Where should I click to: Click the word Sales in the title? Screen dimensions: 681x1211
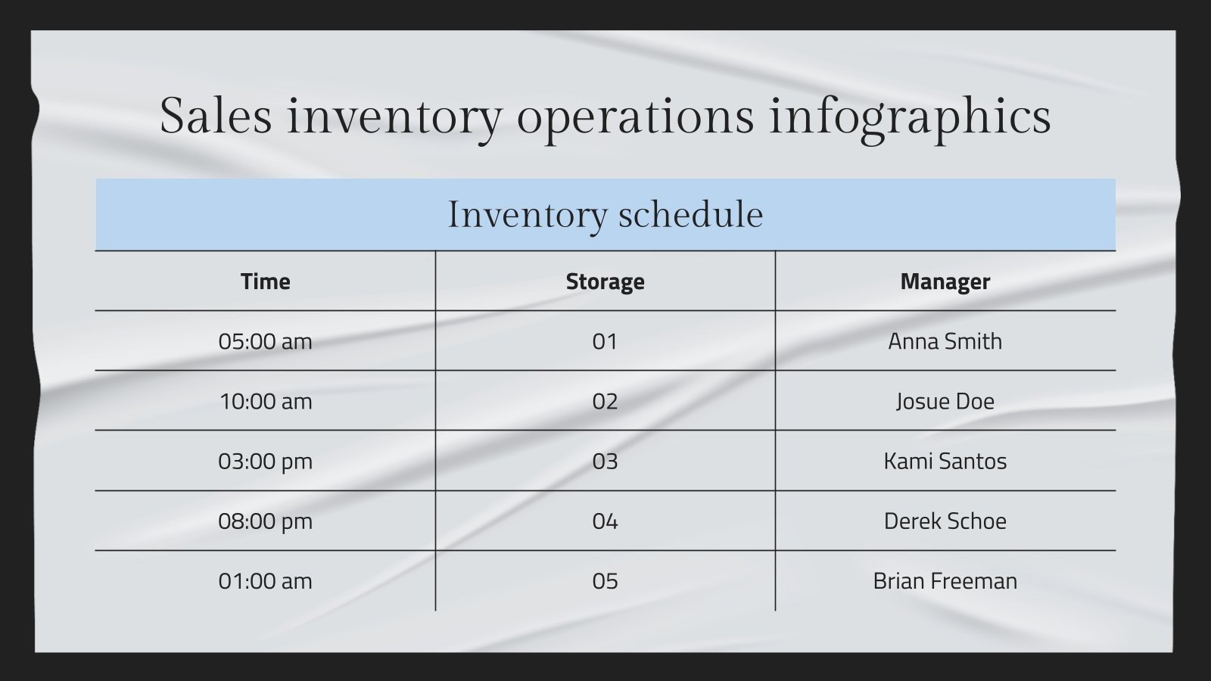pyautogui.click(x=215, y=116)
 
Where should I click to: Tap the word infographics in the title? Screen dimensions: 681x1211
pyautogui.click(x=910, y=117)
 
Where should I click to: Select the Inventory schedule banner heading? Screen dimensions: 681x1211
pyautogui.click(x=605, y=214)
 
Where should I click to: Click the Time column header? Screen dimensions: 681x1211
pyautogui.click(x=265, y=281)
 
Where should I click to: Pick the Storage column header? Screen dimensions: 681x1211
pyautogui.click(x=605, y=281)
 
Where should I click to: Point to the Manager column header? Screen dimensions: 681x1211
pyautogui.click(x=945, y=281)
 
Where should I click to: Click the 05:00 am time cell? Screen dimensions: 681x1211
pyautogui.click(x=265, y=341)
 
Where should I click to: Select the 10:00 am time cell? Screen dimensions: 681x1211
pyautogui.click(x=265, y=401)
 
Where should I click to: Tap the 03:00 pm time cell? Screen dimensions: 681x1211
pyautogui.click(x=265, y=461)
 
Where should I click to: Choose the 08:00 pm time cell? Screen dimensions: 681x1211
pyautogui.click(x=265, y=521)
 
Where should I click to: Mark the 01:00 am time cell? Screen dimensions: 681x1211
pyautogui.click(x=265, y=581)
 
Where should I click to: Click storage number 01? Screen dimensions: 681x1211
pyautogui.click(x=605, y=341)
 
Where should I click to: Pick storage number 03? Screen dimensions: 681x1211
pyautogui.click(x=605, y=461)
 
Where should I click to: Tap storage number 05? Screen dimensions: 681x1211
pyautogui.click(x=605, y=581)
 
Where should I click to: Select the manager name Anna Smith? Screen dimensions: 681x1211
pyautogui.click(x=945, y=341)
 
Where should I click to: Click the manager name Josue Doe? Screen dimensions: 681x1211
pyautogui.click(x=945, y=401)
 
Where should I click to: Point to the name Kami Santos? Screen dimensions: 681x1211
pyautogui.click(x=945, y=461)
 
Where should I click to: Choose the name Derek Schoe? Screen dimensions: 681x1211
pyautogui.click(x=945, y=521)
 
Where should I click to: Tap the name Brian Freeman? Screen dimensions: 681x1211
pyautogui.click(x=945, y=581)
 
